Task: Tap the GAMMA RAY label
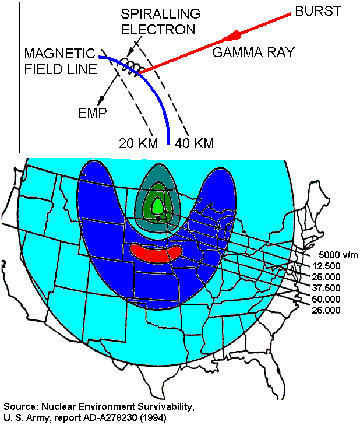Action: [253, 52]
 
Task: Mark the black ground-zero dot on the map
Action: [158, 218]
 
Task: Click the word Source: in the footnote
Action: [20, 406]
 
